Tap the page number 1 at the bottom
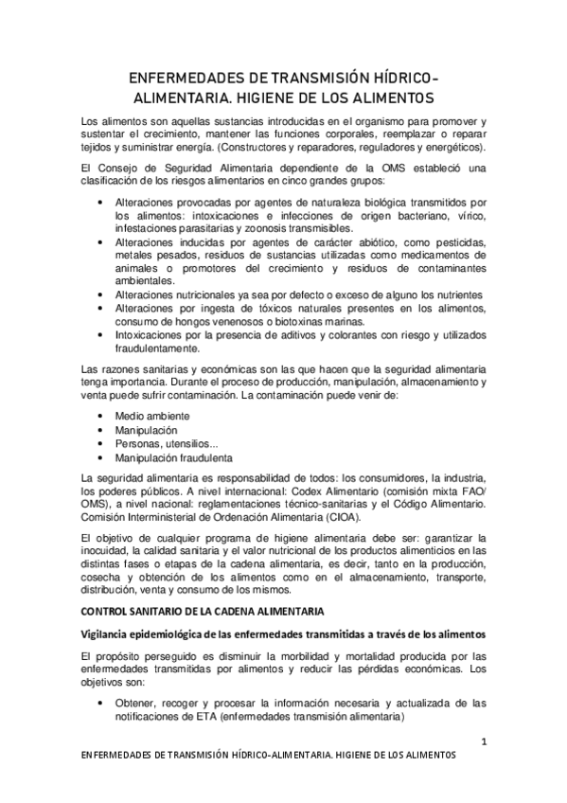[x=484, y=741]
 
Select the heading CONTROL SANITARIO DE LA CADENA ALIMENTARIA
[x=203, y=609]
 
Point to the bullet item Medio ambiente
[x=152, y=416]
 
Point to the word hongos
[x=178, y=321]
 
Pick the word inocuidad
[x=109, y=551]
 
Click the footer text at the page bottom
[x=269, y=757]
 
